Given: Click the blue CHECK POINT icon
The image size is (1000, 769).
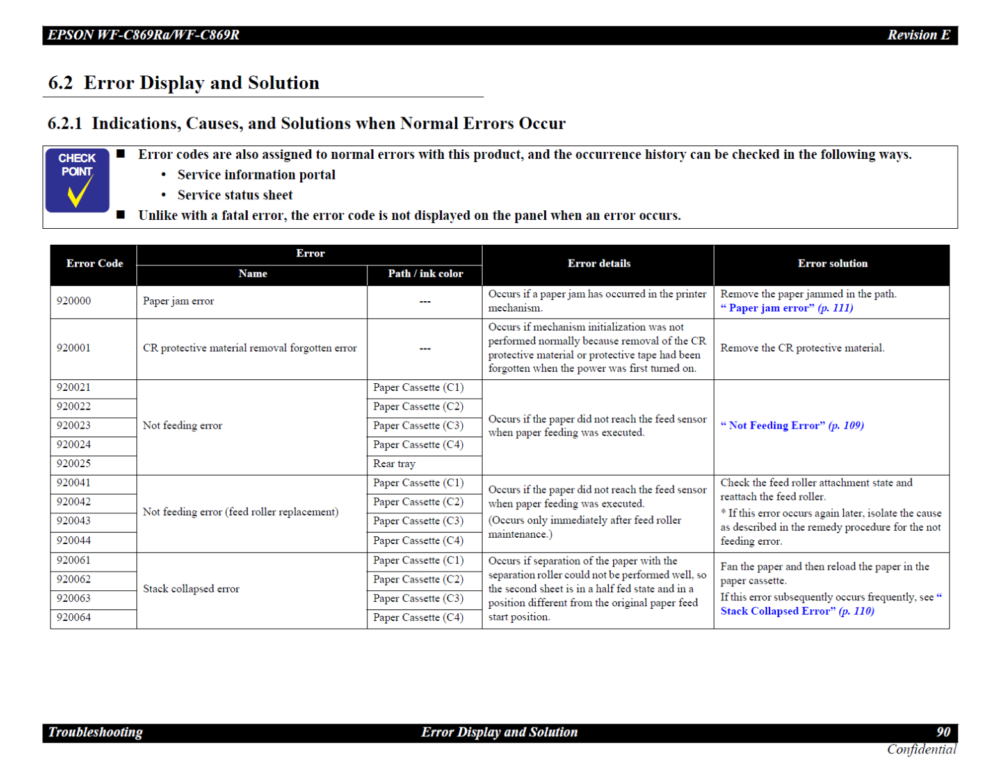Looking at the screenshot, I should coord(77,180).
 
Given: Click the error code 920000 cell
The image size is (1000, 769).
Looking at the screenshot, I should coord(74,301).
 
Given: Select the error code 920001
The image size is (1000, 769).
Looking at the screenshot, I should coord(74,348).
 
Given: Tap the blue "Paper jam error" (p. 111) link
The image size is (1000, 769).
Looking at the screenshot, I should coord(787,308).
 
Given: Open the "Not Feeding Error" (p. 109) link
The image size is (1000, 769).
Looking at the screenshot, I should coord(792,426).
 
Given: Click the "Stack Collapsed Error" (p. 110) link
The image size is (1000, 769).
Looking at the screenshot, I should coord(797,611).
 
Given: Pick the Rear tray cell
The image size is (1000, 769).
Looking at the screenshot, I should coord(394,464).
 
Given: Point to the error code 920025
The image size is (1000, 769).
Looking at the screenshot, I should coord(74,463).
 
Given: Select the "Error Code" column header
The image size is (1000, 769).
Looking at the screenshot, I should coord(94,263).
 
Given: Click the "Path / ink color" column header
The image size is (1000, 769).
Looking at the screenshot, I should coord(425,274).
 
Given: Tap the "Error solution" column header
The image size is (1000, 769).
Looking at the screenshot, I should coord(832,263).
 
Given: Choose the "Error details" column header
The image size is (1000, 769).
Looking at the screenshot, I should coord(599,263).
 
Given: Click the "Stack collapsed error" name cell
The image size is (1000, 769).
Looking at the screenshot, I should coord(191,589).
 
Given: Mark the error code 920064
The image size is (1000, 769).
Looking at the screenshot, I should coord(74,618).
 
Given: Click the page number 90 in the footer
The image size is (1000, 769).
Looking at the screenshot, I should coord(943,732).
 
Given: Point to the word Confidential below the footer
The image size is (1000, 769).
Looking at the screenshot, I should coord(921,749).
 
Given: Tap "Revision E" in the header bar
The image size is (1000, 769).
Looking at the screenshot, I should coord(918,35).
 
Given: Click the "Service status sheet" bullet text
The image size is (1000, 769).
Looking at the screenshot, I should coord(235,195).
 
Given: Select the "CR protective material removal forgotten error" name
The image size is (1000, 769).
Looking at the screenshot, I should coord(250,348).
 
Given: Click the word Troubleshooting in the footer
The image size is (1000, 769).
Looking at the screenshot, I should coord(95,732).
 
